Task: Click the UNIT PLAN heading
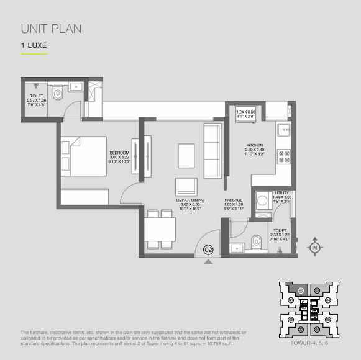[51, 29]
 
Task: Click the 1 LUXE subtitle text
[34, 45]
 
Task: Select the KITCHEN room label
[255, 147]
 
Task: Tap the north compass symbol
[315, 246]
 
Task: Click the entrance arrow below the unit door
[208, 263]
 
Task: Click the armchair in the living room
[186, 186]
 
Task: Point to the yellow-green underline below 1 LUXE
[34, 54]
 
